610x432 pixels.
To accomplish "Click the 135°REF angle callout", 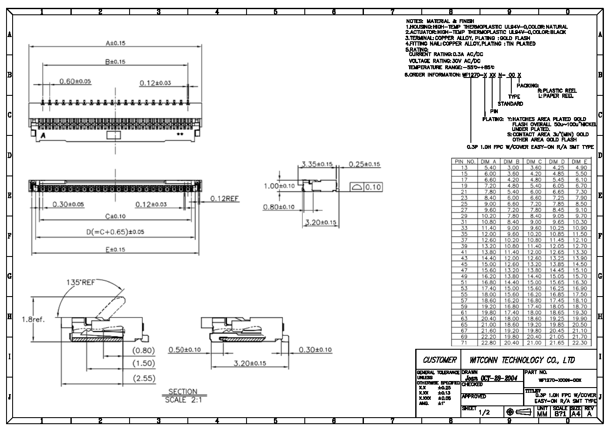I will click(80, 282).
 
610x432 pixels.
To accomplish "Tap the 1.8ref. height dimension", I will click(33, 320).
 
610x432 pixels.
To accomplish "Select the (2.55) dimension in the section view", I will click(144, 378).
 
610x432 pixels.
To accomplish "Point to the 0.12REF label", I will click(224, 199).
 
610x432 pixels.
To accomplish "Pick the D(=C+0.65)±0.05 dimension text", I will click(115, 232).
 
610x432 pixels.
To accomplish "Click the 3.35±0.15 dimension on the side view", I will click(317, 164).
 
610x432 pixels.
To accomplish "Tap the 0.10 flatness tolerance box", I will click(373, 187).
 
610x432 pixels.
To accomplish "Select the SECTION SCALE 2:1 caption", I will click(183, 395).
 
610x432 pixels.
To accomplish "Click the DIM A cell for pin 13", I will click(490, 168).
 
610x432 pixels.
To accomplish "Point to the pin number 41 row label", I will click(464, 252).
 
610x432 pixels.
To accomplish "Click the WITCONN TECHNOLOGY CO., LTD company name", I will click(522, 360).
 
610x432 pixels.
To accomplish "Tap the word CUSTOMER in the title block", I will click(440, 360).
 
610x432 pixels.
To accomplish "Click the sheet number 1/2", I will click(484, 412).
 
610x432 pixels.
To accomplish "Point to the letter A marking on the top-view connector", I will click(43, 135).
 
